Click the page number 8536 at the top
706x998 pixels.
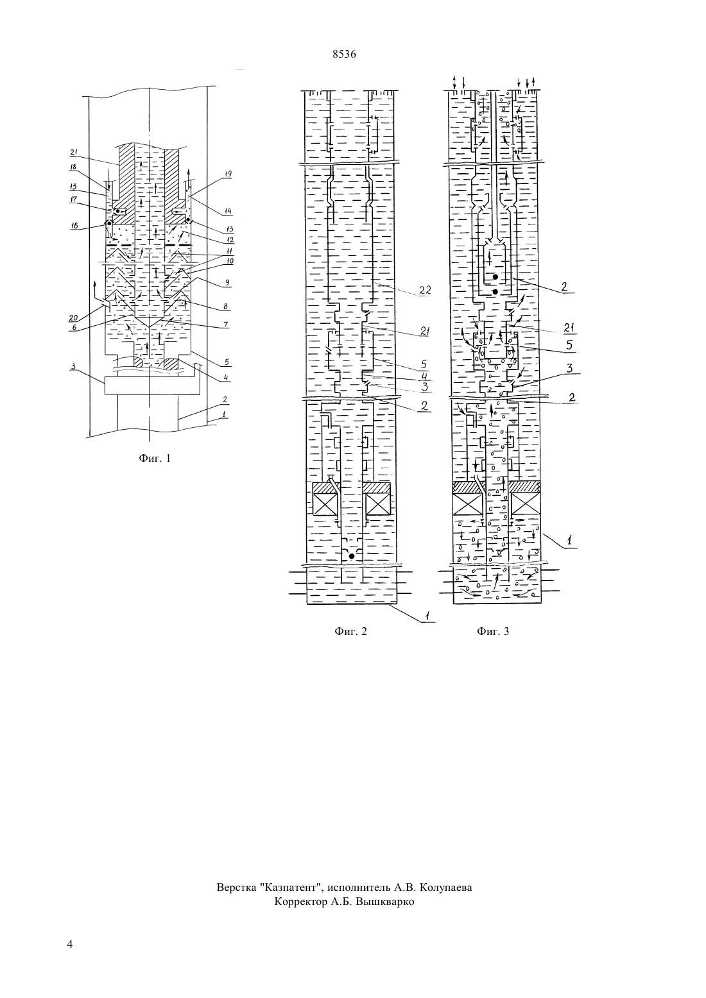(x=344, y=55)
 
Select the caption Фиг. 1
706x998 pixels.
(x=155, y=458)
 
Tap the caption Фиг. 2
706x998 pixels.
(x=350, y=631)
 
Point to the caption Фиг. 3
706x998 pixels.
(x=492, y=631)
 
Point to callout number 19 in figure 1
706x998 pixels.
(x=227, y=174)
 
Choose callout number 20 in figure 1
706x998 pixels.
(x=73, y=317)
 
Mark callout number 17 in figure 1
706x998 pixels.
(x=74, y=200)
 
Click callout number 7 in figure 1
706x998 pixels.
(x=226, y=325)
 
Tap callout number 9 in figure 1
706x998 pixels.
(x=227, y=282)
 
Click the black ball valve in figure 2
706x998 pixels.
(x=352, y=556)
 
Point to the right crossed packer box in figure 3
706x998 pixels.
(x=526, y=504)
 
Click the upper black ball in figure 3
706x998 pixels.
(x=495, y=277)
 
